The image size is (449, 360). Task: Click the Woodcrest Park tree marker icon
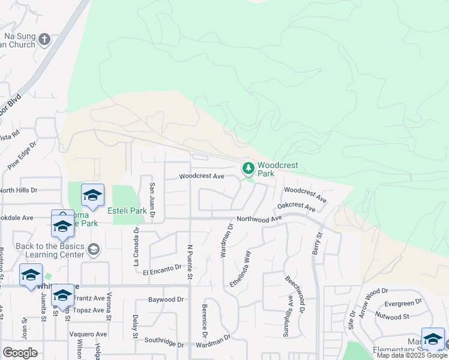point(248,169)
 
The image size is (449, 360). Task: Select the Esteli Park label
point(127,211)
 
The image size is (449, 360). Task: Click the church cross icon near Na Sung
point(44,40)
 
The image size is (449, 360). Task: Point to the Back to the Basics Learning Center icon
point(93,248)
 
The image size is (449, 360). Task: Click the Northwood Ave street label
point(259,220)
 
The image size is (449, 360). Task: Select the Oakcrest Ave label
point(296,208)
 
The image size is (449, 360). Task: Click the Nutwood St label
point(393,316)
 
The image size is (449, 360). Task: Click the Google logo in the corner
point(20,353)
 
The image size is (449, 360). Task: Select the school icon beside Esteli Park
point(92,194)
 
